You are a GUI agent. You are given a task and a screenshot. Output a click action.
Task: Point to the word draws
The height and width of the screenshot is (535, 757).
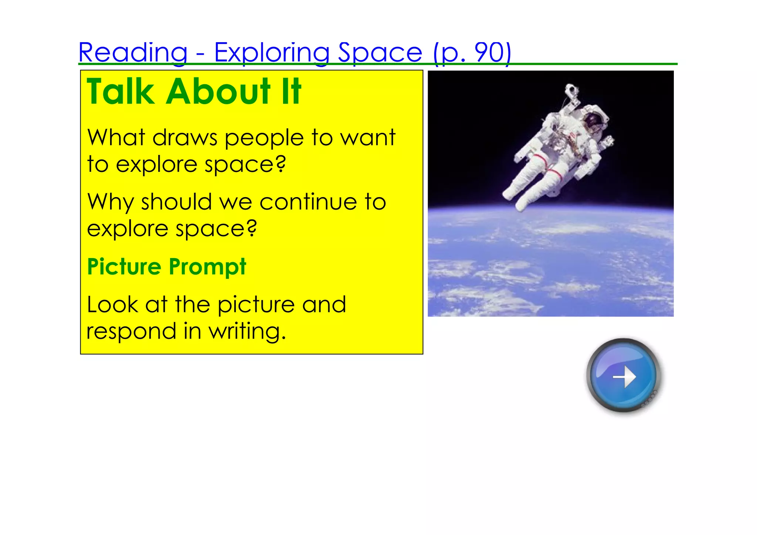185,138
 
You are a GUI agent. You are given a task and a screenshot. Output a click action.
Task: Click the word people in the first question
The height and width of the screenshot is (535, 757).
264,138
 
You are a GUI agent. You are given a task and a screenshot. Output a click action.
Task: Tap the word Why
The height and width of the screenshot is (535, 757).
111,203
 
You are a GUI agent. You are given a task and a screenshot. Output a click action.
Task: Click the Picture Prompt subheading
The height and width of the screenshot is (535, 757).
167,267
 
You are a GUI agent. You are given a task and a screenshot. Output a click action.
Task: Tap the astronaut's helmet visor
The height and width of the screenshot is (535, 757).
593,120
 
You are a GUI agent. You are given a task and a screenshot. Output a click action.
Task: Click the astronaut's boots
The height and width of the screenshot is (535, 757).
516,200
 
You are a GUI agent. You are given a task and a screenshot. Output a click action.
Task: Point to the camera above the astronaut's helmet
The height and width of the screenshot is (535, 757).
571,91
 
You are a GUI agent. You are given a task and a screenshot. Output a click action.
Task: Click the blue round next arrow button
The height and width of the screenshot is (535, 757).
624,375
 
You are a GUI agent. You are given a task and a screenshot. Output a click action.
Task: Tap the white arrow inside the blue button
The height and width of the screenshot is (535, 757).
625,376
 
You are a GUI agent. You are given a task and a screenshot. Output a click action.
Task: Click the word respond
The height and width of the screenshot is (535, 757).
131,332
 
